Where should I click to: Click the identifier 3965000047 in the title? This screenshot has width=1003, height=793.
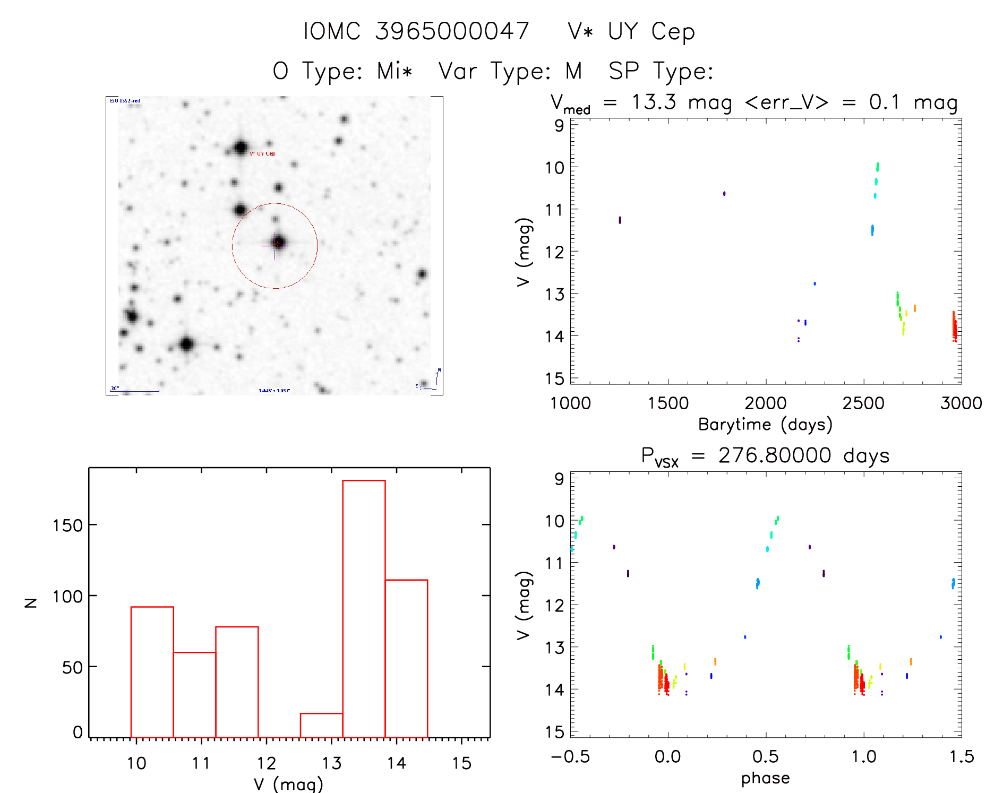(x=452, y=31)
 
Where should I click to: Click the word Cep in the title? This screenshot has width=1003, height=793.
(x=673, y=32)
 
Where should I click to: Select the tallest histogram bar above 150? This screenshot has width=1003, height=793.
(x=364, y=608)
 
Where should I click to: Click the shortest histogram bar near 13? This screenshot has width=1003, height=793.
(x=321, y=725)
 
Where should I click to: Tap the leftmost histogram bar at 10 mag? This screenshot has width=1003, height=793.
(x=152, y=671)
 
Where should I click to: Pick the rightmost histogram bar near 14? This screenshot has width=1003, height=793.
(x=406, y=658)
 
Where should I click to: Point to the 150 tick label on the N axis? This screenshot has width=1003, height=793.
(x=67, y=525)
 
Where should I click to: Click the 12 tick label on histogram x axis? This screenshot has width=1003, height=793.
(x=267, y=763)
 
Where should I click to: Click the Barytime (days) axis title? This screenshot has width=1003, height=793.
(x=765, y=425)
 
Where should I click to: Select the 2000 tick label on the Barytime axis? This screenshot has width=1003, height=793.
(x=765, y=403)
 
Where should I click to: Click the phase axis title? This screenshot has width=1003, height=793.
(x=765, y=778)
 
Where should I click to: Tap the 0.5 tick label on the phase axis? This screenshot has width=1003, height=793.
(x=765, y=757)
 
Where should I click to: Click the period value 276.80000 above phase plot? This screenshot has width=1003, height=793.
(x=775, y=455)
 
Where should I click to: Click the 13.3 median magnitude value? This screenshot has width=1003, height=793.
(x=654, y=102)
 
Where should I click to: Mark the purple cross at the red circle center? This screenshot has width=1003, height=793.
(x=275, y=245)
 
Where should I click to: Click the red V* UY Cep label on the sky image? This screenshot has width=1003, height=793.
(x=262, y=154)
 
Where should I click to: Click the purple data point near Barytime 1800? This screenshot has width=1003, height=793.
(x=724, y=194)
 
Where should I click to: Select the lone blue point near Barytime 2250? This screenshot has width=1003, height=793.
(x=815, y=283)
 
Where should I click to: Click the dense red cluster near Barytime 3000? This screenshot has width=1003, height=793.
(x=954, y=327)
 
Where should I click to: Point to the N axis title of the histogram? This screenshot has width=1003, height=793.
(x=31, y=602)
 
